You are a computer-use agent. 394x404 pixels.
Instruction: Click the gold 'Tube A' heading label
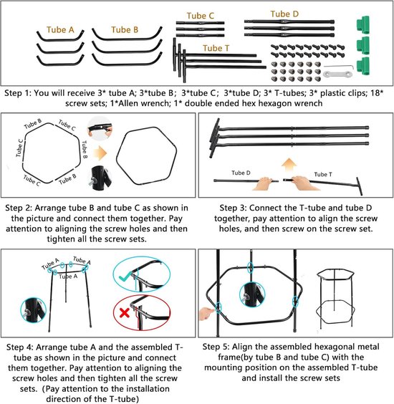60,30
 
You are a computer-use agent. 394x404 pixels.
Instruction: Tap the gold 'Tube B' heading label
125,30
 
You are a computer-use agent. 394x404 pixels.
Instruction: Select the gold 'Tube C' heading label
200,16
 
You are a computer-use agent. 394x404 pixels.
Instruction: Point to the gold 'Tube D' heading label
284,14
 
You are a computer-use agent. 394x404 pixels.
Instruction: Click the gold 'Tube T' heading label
216,48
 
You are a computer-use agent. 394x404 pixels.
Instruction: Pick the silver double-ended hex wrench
338,74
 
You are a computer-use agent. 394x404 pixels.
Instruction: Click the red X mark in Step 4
125,313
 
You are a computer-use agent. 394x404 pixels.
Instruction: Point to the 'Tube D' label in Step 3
241,173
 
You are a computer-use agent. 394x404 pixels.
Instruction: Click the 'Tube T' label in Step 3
323,175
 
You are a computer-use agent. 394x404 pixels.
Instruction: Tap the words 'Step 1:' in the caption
17,93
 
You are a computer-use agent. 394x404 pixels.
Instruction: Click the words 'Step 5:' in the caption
216,347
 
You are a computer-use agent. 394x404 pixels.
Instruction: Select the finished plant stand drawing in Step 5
335,299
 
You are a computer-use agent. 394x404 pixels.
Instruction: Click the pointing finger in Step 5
208,313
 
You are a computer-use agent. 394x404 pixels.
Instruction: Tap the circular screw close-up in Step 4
33,310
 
